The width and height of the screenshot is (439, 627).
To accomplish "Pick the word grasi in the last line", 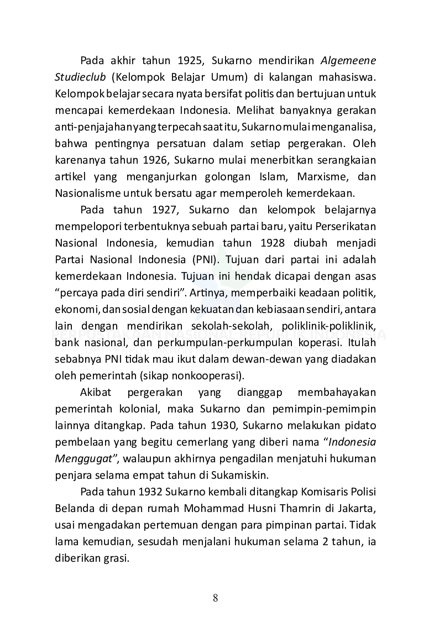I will pyautogui.click(x=116, y=558).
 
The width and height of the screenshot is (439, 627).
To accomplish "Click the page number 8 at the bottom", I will pyautogui.click(x=216, y=598).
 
